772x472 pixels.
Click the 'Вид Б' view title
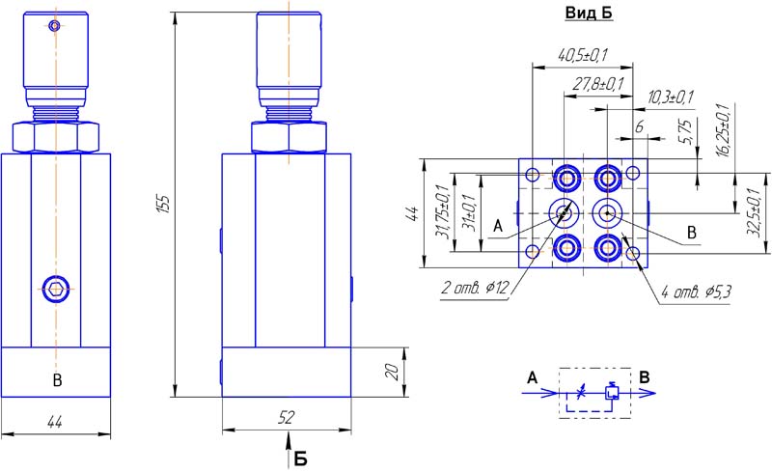[589, 13]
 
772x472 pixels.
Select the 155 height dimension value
[165, 204]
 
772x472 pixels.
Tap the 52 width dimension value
[286, 418]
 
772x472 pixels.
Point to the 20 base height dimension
[392, 372]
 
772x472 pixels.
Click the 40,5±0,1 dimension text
[583, 55]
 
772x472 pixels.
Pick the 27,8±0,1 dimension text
[597, 84]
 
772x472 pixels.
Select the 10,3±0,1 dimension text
[670, 97]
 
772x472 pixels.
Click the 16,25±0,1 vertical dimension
[723, 129]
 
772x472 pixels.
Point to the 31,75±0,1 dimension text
[442, 211]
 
